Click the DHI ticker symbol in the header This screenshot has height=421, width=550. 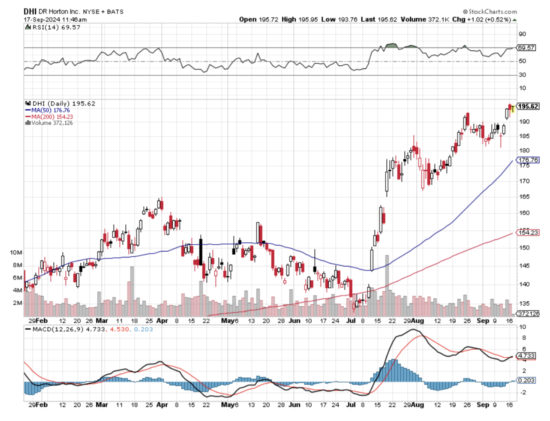[x=30, y=11]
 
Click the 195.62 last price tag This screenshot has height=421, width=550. [x=528, y=106]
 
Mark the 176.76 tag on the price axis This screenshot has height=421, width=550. [x=528, y=160]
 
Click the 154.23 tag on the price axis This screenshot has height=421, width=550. [x=528, y=232]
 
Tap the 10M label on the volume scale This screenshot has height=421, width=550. [x=16, y=252]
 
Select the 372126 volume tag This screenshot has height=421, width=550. [x=528, y=313]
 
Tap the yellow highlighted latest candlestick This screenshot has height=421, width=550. [x=512, y=108]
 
